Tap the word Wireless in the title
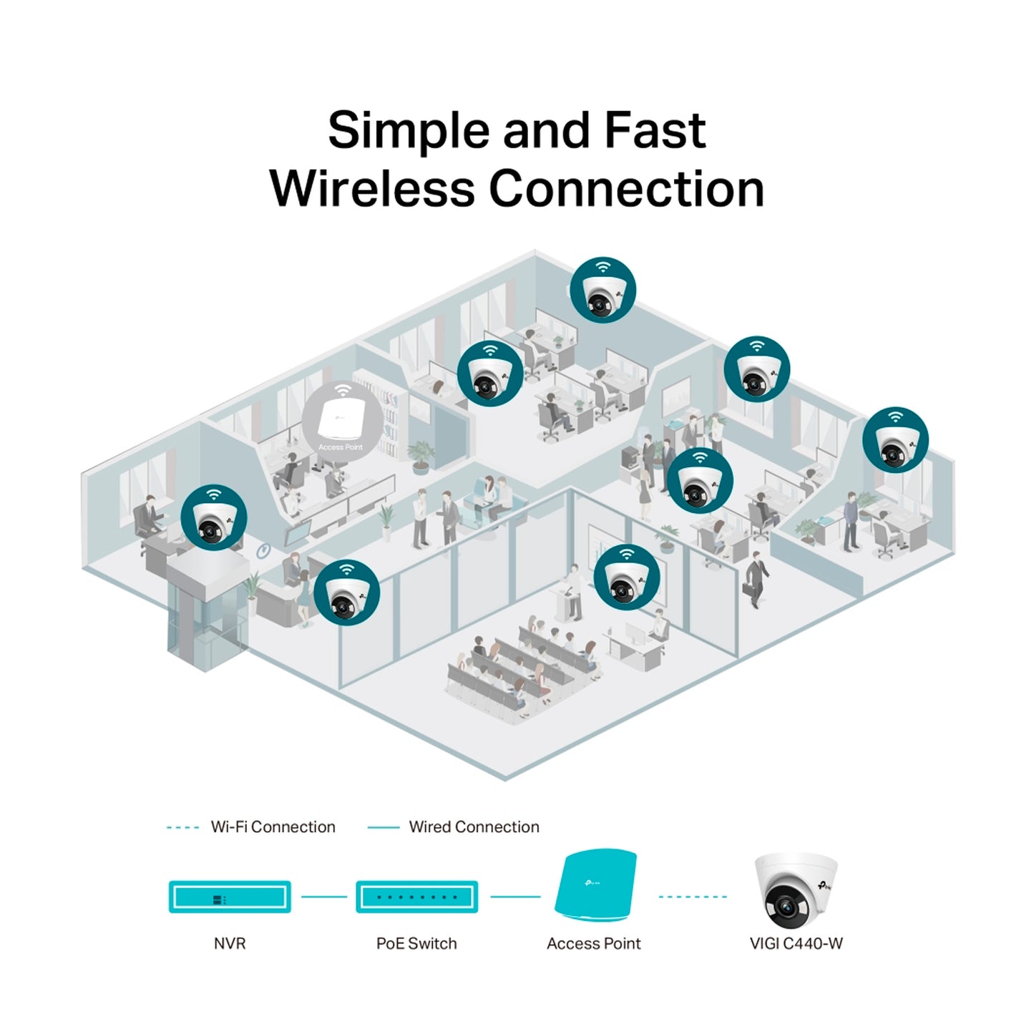click(372, 189)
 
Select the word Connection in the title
click(627, 189)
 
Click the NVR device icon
click(230, 897)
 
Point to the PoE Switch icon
click(416, 897)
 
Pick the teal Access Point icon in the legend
click(595, 886)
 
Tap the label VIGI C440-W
click(796, 944)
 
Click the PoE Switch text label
click(416, 944)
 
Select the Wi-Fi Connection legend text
click(273, 827)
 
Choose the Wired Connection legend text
click(474, 827)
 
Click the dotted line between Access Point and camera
click(692, 897)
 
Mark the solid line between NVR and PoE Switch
click(323, 897)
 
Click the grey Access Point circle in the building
click(341, 420)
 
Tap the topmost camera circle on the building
click(603, 290)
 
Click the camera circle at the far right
click(895, 440)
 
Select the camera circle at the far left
click(213, 517)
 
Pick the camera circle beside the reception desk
click(346, 592)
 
